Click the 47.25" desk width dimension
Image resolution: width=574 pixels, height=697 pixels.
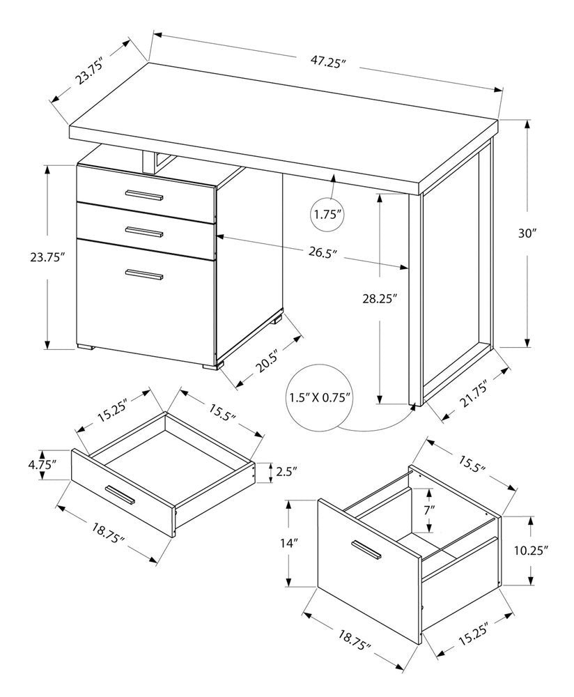coord(328,62)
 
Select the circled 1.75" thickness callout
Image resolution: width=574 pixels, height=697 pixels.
coord(328,215)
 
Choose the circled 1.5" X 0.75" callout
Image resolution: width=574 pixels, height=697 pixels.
coord(318,399)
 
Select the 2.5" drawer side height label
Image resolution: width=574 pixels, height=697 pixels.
coord(286,472)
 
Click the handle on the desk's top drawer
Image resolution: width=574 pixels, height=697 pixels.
coord(143,194)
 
